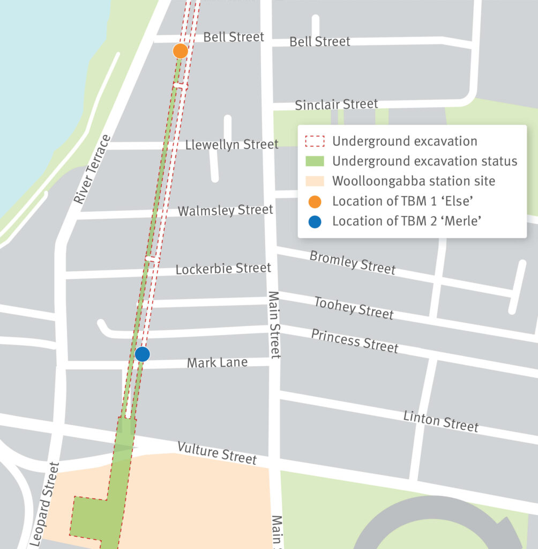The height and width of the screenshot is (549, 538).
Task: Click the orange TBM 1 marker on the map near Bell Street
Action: pos(181,51)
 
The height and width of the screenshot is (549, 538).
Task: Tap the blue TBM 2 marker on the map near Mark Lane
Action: pos(142,354)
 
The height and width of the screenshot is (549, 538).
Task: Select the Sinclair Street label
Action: pos(336,104)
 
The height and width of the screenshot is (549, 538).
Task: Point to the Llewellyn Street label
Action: pos(231,144)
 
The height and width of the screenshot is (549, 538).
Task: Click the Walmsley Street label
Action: pos(225,210)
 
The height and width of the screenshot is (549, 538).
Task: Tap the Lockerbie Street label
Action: pos(223,268)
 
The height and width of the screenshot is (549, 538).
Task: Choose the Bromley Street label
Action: pos(352,262)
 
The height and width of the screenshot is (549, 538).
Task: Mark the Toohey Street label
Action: pos(354,308)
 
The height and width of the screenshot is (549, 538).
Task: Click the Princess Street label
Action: pos(355,341)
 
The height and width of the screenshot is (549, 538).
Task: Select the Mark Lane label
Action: pos(217,363)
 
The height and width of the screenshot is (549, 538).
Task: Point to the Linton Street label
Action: pos(440,421)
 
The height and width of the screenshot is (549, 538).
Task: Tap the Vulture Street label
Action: pos(216,453)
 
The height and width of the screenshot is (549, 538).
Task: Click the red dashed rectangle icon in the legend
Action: pos(315,142)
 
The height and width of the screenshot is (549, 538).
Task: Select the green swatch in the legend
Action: pos(315,161)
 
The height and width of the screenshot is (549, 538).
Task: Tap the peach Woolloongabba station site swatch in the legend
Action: pos(315,181)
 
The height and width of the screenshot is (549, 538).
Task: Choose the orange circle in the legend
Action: pos(315,202)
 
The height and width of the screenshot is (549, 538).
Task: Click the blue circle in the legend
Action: pos(315,221)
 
